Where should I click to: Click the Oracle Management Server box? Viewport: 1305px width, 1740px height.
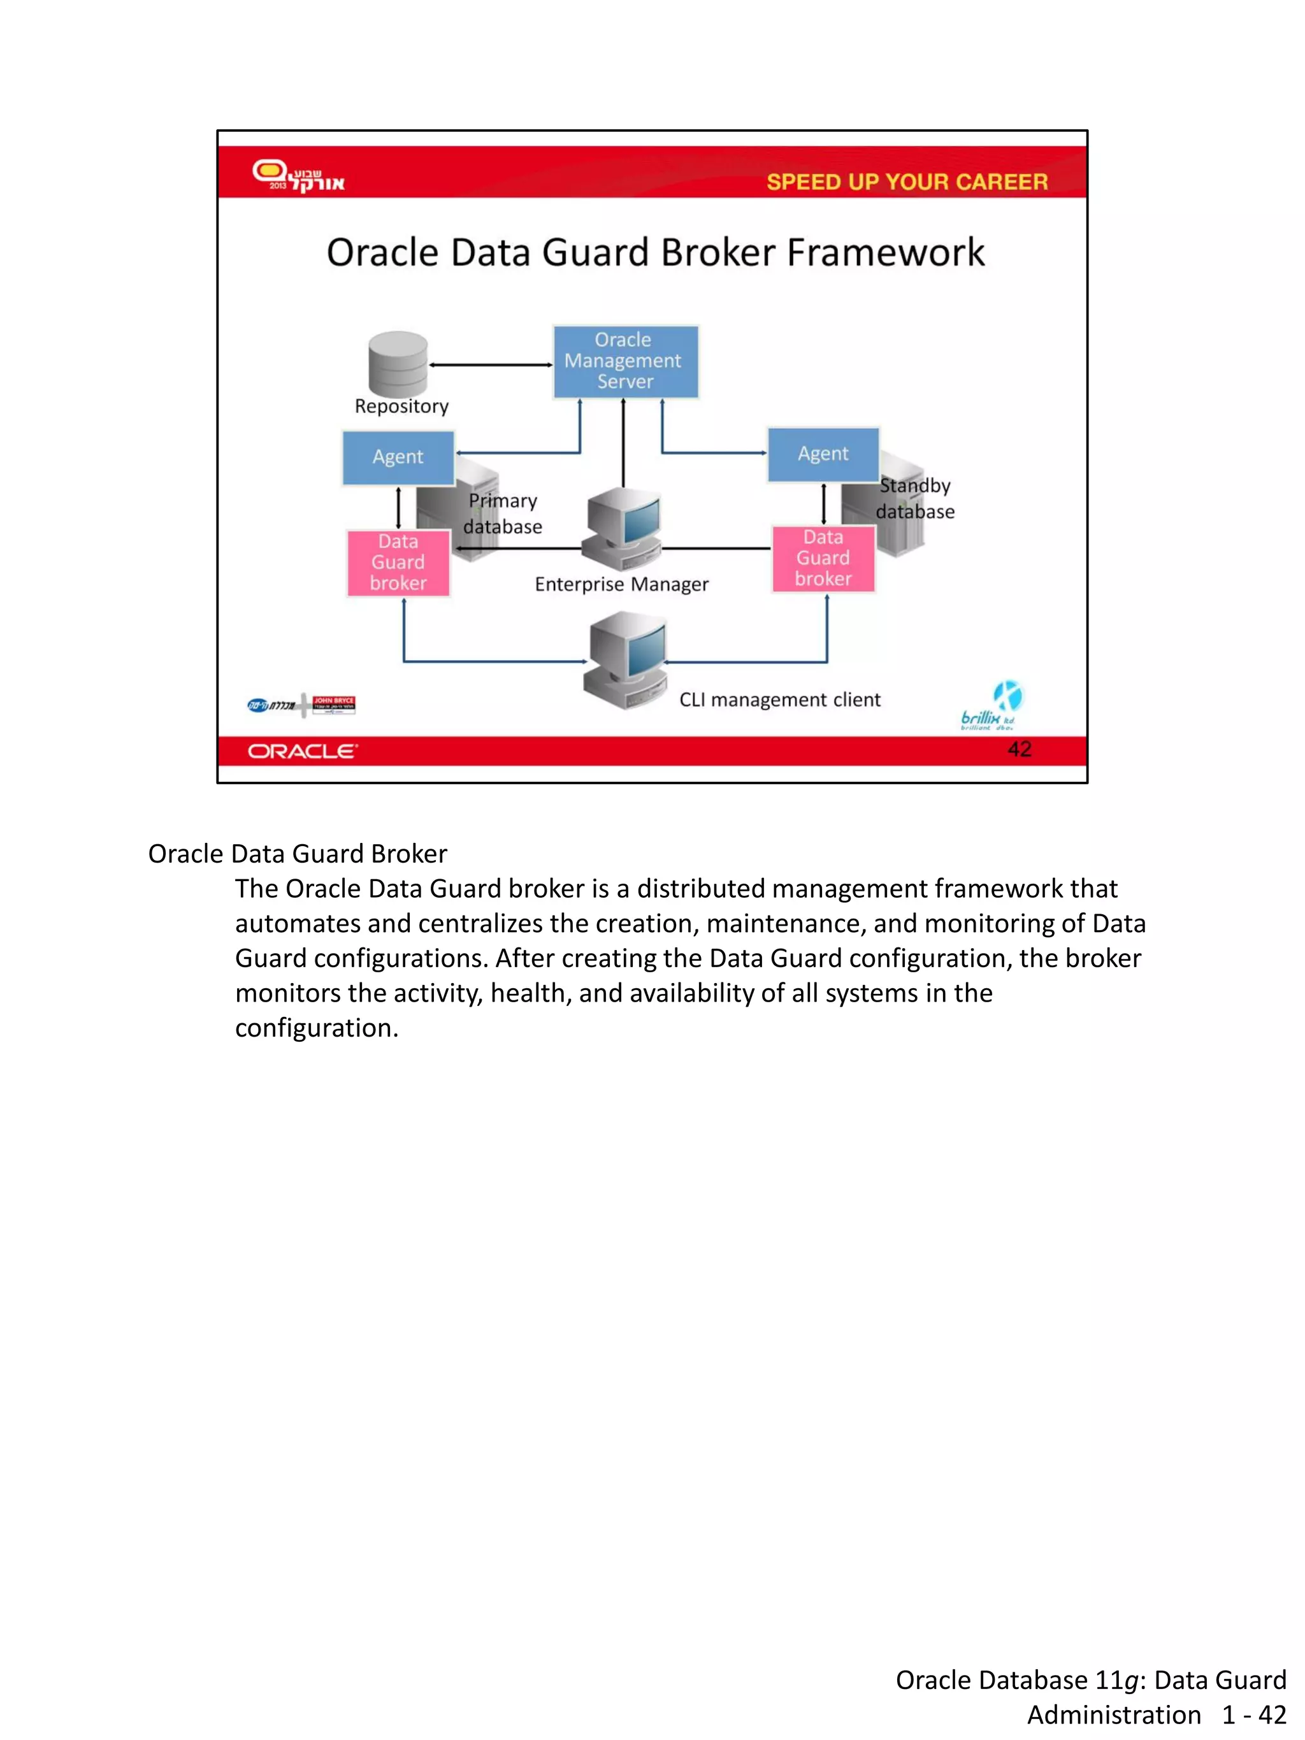point(625,362)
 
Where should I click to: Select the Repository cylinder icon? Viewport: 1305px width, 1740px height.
point(398,363)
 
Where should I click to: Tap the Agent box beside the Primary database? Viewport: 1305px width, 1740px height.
point(398,457)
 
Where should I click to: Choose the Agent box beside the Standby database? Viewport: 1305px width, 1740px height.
point(823,454)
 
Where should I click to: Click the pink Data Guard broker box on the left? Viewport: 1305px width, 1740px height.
point(398,563)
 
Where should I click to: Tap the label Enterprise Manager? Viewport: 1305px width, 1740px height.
point(621,584)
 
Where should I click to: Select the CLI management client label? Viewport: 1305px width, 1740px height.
point(779,700)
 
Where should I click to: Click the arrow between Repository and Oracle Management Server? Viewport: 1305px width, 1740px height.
point(491,365)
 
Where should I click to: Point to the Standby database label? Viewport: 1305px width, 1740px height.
point(915,499)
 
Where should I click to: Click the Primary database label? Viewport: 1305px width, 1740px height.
point(503,514)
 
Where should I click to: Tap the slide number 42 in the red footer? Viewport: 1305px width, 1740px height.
point(1019,749)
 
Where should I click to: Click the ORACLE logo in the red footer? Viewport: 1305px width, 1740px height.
point(303,751)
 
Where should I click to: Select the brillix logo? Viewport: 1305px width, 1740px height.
point(991,705)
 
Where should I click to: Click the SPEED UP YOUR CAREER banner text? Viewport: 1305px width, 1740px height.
point(907,182)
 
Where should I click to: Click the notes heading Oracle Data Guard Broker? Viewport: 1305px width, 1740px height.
point(298,854)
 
